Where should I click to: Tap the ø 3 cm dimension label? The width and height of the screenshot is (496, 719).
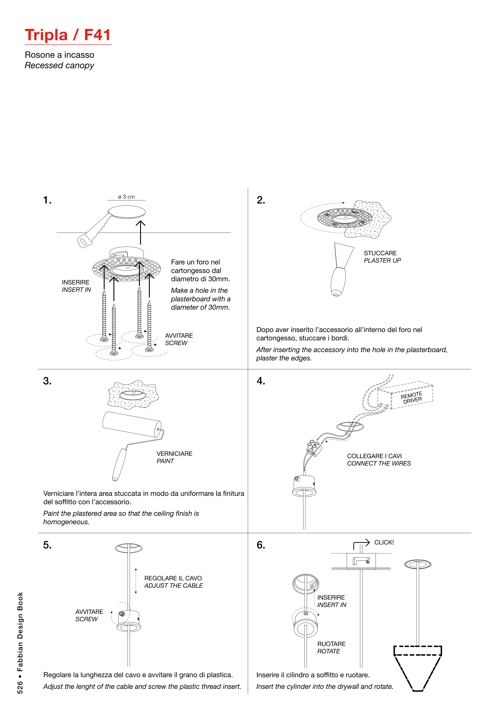point(127,197)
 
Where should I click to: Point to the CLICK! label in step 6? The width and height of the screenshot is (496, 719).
point(384,542)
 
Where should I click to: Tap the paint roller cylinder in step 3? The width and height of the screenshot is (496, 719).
point(132,424)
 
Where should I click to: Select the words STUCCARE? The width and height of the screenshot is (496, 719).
point(380,253)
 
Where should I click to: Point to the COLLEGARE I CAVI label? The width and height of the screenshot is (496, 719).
point(374,456)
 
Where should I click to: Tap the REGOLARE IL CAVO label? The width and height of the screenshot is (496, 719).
point(173,578)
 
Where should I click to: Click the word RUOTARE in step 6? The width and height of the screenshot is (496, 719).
point(331,644)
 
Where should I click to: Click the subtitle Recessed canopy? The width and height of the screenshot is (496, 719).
point(59,66)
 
